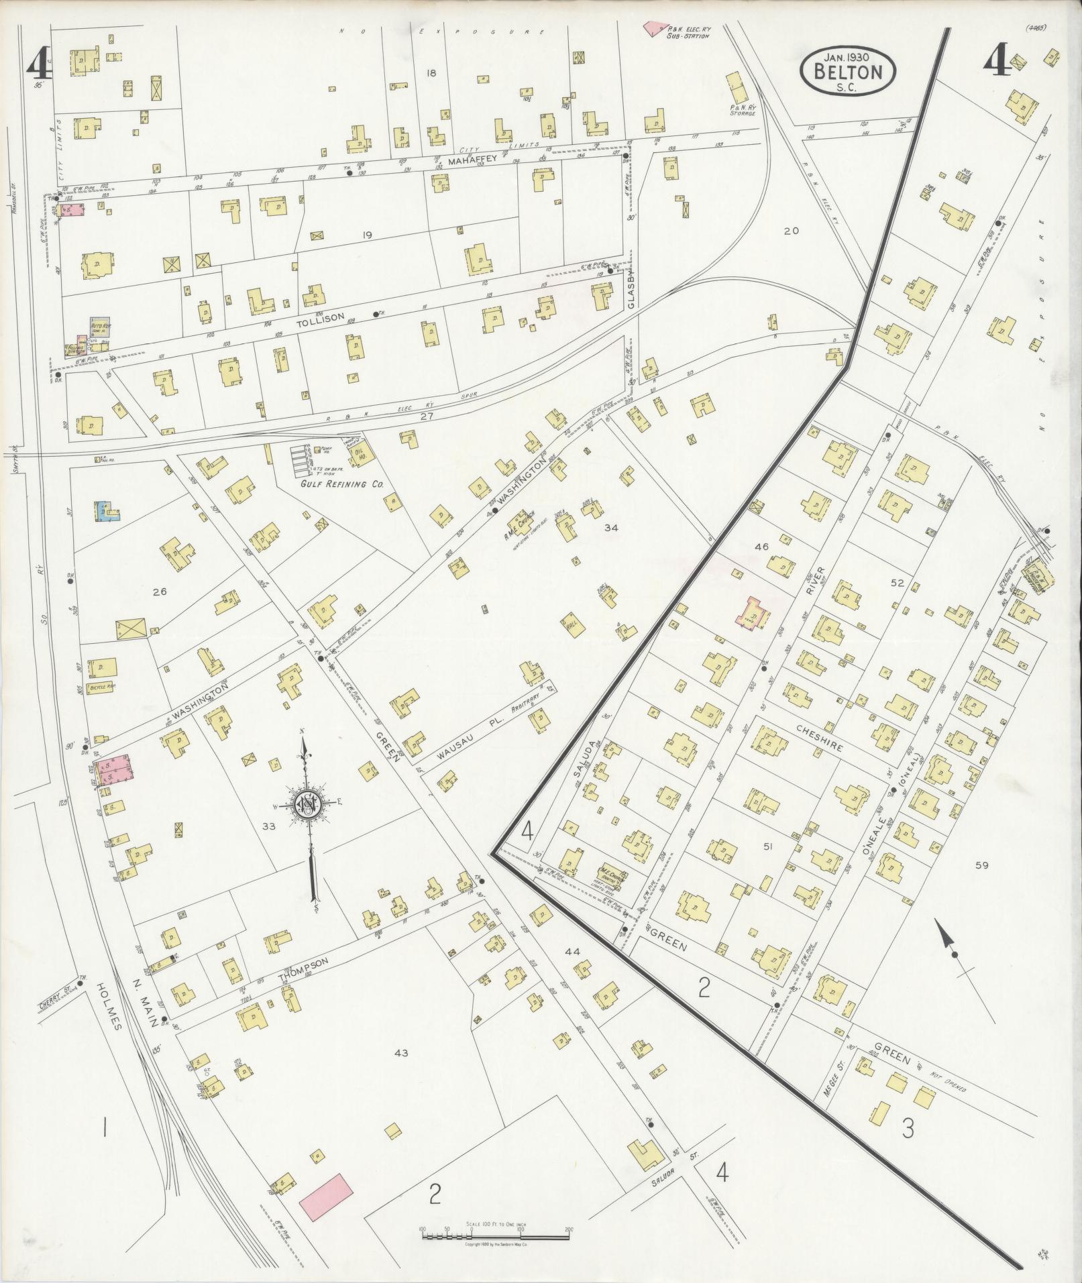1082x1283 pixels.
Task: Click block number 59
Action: coord(982,866)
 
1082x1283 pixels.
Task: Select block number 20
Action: coord(791,231)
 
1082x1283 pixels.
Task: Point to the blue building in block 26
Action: coord(107,510)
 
